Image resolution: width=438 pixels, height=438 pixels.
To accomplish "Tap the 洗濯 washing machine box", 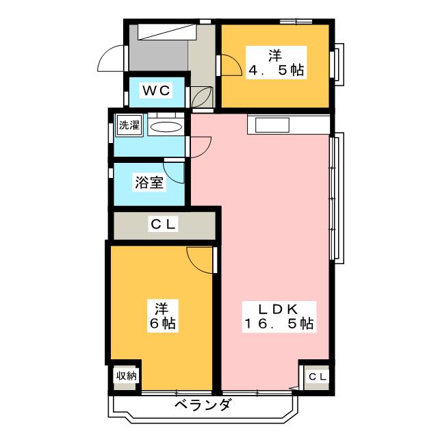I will tap(129, 125).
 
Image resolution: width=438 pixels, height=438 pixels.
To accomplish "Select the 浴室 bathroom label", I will tap(149, 183).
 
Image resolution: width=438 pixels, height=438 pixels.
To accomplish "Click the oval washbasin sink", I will tap(166, 127).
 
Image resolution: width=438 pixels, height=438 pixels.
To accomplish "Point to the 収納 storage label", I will tap(126, 375).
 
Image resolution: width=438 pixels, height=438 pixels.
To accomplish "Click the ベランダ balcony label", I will tap(203, 405).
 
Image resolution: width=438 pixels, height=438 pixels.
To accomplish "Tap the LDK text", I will tap(276, 307).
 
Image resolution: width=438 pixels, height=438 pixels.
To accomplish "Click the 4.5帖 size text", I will tap(276, 70).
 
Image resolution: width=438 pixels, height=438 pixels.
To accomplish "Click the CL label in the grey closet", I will tap(164, 224).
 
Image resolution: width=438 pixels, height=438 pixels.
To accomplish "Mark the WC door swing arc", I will tap(203, 100).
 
